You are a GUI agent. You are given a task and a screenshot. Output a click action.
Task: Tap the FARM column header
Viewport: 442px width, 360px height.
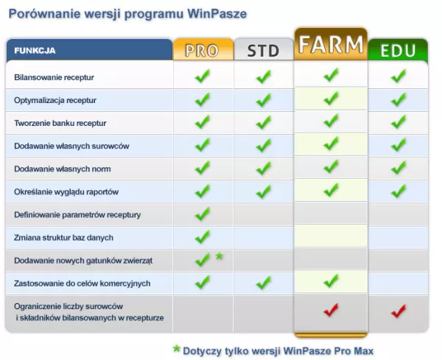tap(331, 44)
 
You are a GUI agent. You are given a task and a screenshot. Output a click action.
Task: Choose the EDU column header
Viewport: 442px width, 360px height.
tap(398, 50)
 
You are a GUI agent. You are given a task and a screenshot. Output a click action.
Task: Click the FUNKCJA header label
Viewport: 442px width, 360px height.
tap(35, 51)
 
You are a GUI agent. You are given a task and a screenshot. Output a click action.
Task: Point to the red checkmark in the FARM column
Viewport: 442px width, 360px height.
tap(331, 310)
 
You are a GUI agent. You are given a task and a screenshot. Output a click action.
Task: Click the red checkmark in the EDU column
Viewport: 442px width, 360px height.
tap(399, 311)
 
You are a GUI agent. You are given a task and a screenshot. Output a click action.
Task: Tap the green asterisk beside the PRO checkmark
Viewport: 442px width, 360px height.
tap(220, 256)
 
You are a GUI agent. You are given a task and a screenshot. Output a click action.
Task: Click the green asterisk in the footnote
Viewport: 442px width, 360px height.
tap(177, 349)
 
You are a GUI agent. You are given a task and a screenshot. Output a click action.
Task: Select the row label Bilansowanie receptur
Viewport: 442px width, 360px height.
tap(54, 77)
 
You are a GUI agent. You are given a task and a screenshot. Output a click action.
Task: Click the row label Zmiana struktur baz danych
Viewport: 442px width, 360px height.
tap(63, 238)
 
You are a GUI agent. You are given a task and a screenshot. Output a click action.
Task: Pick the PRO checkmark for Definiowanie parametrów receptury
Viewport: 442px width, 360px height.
tap(203, 214)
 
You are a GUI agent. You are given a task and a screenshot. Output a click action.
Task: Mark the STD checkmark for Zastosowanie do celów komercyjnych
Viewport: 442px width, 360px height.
tap(264, 283)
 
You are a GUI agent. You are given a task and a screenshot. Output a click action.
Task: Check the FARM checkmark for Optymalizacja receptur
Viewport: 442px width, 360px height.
tap(331, 99)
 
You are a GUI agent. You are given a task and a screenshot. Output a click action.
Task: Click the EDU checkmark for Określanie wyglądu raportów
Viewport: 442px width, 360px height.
tap(399, 191)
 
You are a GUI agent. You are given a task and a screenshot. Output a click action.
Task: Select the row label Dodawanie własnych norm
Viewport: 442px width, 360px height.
tap(63, 169)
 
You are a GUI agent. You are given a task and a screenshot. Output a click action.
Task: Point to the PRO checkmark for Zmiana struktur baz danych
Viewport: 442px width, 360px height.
tap(203, 237)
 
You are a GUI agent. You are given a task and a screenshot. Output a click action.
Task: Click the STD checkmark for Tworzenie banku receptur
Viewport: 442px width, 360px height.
tap(264, 122)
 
